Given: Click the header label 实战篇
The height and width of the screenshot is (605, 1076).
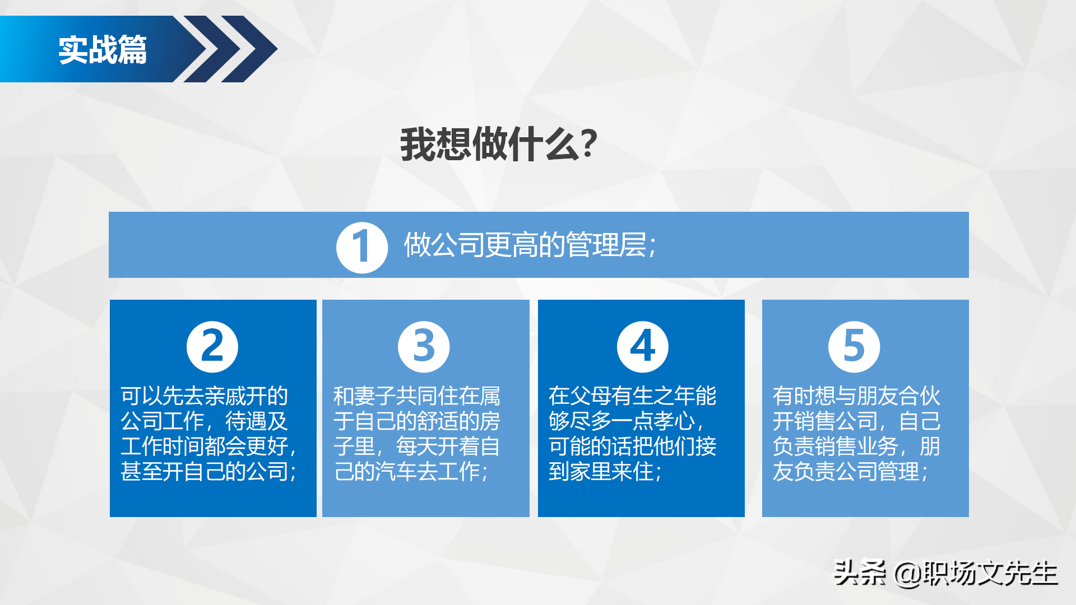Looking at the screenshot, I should [103, 50].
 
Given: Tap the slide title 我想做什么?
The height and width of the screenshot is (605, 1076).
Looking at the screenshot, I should [498, 145].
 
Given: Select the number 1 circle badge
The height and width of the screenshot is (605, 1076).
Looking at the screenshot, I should [362, 247].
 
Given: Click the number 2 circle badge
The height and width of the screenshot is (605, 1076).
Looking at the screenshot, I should [212, 346].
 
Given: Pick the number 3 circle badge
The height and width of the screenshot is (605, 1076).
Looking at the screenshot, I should [424, 346].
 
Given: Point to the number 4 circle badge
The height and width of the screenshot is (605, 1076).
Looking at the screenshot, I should [642, 346].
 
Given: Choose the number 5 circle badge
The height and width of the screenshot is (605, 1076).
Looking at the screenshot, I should [854, 346].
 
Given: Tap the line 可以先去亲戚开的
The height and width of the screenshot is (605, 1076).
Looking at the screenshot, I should [205, 396].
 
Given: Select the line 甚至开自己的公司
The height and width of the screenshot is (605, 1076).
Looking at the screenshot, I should [208, 472].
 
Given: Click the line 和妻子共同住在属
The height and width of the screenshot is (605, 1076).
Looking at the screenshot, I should [417, 396].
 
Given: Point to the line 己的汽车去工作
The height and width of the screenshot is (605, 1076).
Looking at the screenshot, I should [411, 472].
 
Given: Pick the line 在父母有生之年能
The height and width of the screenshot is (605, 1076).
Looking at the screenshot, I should [632, 396].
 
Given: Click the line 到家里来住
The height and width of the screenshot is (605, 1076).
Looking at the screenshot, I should [605, 472].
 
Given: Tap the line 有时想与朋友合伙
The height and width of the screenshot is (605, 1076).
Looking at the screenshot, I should [856, 396].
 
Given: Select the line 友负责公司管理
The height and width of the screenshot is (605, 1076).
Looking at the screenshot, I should [850, 472].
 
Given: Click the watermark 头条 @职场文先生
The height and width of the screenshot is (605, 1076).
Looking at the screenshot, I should [945, 573].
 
